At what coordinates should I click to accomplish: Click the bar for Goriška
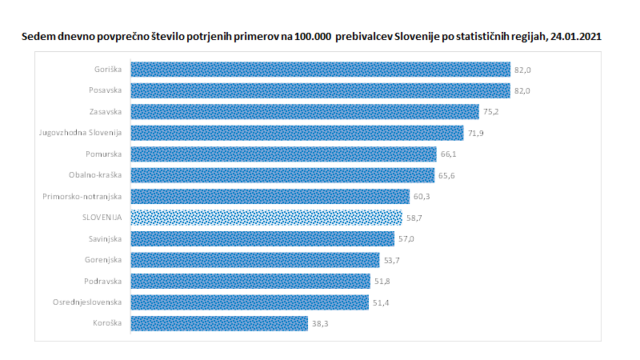point(320,70)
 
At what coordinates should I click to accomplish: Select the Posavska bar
point(320,90)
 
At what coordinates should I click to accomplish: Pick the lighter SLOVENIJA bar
point(266,218)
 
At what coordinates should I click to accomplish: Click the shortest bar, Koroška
point(218,323)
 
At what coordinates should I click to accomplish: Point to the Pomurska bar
point(283,154)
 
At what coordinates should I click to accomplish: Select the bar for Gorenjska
point(254,260)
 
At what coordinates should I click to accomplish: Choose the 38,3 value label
point(319,323)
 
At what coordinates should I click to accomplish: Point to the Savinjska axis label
point(104,238)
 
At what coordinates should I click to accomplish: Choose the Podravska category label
point(103,281)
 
